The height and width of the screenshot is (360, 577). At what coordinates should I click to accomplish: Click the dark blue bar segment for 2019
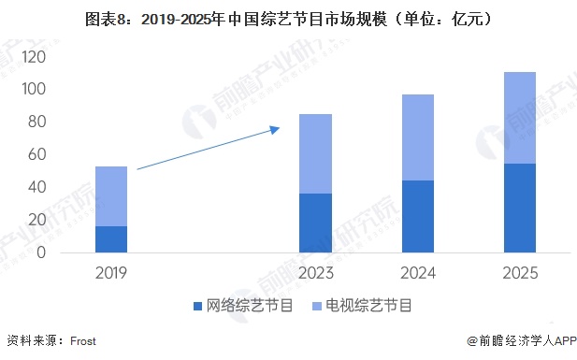point(111,239)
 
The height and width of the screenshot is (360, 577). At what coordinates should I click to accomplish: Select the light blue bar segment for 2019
point(111,196)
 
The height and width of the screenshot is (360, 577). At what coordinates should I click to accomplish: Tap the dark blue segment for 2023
point(315,223)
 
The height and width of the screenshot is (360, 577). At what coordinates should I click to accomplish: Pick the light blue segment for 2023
point(315,153)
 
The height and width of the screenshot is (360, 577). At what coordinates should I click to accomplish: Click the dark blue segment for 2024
point(417,216)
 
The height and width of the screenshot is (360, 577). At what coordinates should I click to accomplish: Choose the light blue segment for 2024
point(417,137)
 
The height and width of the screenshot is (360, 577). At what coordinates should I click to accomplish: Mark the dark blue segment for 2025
point(519,208)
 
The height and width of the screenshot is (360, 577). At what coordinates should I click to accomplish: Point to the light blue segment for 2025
point(519,118)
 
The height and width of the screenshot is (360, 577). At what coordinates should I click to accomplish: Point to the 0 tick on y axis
point(41,252)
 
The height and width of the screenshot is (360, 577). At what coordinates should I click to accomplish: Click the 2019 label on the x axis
point(111,272)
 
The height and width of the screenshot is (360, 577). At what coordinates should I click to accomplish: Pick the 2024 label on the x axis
point(417,272)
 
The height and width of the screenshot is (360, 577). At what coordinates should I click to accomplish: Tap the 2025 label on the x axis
point(519,272)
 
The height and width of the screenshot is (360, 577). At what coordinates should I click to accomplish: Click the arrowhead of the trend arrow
point(276,129)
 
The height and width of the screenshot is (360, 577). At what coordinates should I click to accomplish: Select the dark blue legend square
point(197,306)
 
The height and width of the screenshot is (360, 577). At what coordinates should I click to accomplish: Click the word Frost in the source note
point(83,342)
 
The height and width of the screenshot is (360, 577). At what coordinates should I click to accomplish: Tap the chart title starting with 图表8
point(288,18)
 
